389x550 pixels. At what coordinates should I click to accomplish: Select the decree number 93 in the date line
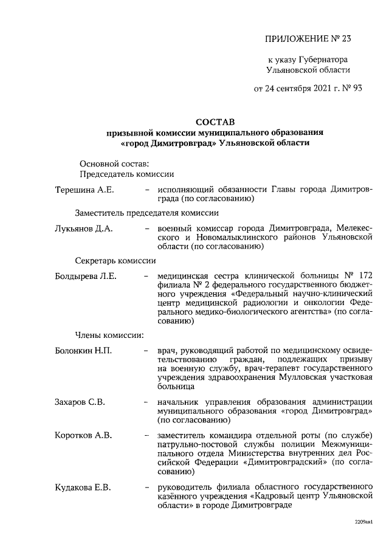(x=356, y=88)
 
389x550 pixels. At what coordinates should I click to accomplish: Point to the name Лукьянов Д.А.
(x=84, y=229)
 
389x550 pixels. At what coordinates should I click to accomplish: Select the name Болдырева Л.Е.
(x=86, y=277)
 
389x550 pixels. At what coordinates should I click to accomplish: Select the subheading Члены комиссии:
(x=109, y=335)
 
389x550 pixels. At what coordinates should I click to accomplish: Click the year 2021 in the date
(x=315, y=88)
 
